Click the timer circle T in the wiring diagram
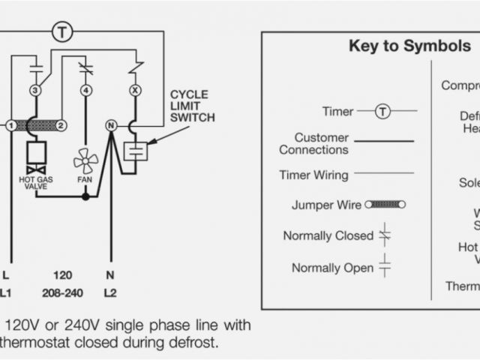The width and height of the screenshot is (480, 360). (x=61, y=31)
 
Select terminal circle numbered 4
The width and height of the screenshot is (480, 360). (x=86, y=91)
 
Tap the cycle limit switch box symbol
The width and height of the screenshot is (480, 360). (x=136, y=150)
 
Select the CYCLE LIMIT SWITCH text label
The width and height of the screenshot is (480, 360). (x=192, y=106)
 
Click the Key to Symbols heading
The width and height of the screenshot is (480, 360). (x=409, y=46)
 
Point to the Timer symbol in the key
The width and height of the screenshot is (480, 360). (x=383, y=112)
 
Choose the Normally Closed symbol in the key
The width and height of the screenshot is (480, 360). (x=385, y=235)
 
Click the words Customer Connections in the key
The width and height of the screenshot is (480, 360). (x=313, y=143)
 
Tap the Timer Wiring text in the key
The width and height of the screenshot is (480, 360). (x=313, y=175)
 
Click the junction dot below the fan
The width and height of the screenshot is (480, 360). (x=85, y=196)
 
